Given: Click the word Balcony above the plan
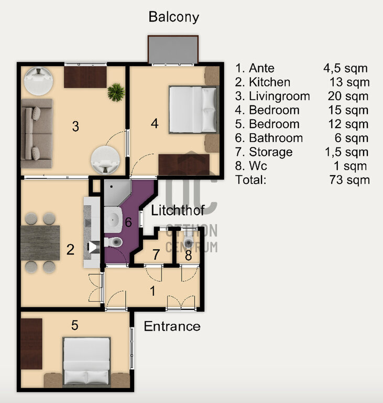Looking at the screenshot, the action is coord(174,17).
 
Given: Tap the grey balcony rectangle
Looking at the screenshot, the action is coord(173,49).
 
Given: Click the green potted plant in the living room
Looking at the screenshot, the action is coord(116,92).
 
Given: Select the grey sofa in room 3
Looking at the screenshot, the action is coord(37,133).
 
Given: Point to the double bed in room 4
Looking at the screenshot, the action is coord(193,110).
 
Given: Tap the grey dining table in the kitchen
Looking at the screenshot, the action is coord(40,243).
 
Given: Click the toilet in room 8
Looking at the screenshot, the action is coord(189,240).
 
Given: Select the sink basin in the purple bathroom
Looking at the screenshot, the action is coord(113,220).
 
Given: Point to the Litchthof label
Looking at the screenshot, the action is coord(178,210).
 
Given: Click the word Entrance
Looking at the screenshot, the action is coord(172,326).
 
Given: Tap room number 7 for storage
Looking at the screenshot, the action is coord(156,254).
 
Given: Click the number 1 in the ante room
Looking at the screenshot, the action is coord(153,291).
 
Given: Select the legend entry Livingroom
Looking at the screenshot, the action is coord(279,96).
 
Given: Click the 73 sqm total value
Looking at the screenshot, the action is coord(349,179).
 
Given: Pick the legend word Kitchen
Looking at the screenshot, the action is coord(269,82).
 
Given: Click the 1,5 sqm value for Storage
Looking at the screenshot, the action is coord(346,152).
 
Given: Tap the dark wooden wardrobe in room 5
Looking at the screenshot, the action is coord(31,344).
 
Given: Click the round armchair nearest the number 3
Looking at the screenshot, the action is coord(105,160).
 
